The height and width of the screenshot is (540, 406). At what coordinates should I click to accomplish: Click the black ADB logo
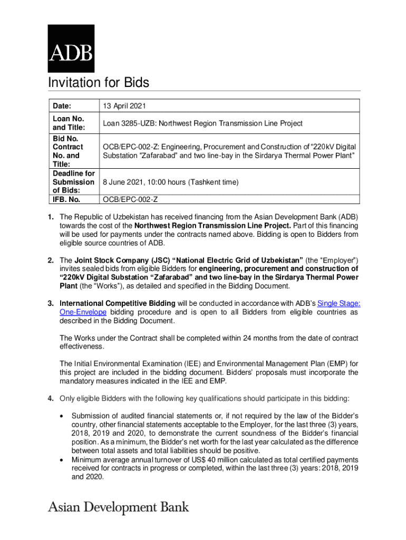pyautogui.click(x=71, y=49)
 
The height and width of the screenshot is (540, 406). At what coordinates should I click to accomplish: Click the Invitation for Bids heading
pyautogui.click(x=99, y=83)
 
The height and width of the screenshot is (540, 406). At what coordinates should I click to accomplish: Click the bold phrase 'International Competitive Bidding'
pyautogui.click(x=117, y=303)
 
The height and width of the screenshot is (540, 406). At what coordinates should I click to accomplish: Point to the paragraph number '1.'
pyautogui.click(x=51, y=217)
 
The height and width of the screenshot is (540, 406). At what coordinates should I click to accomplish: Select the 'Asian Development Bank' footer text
pyautogui.click(x=119, y=507)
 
